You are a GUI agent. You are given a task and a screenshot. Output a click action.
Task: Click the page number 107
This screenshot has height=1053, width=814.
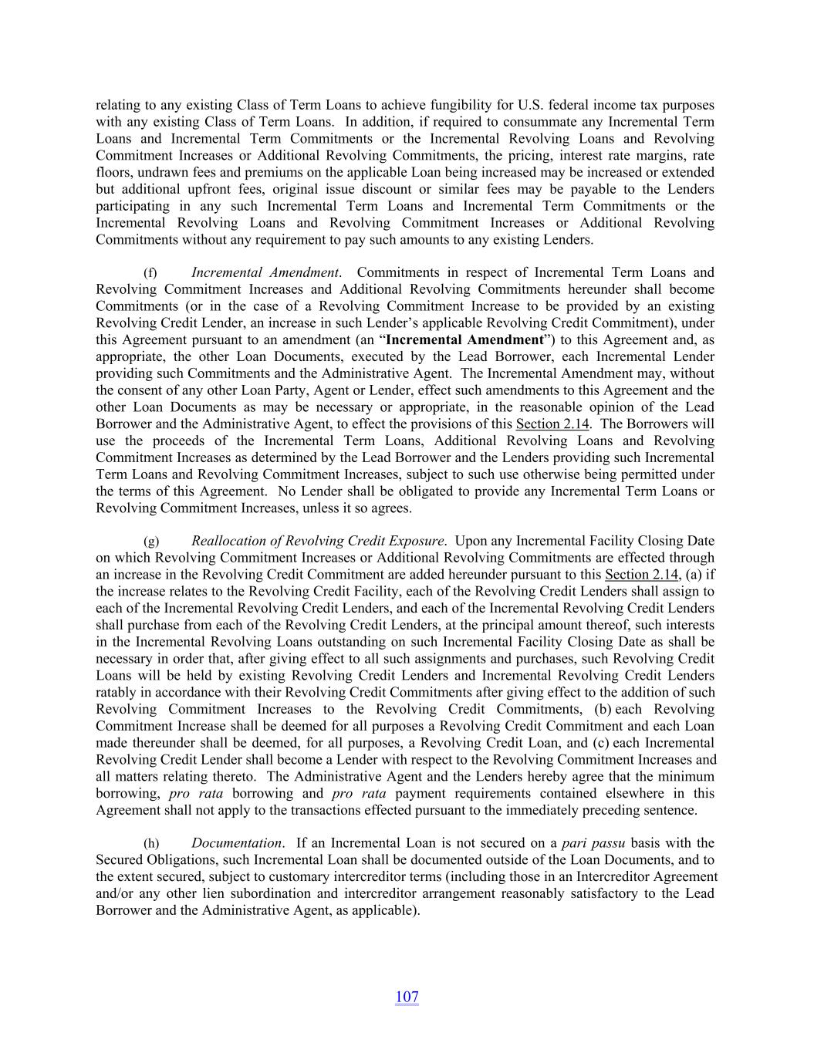pyautogui.click(x=407, y=997)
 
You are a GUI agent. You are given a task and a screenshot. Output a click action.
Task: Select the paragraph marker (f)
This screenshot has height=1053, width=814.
pyautogui.click(x=150, y=273)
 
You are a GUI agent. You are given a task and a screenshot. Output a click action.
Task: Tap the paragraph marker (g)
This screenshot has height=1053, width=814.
pyautogui.click(x=151, y=542)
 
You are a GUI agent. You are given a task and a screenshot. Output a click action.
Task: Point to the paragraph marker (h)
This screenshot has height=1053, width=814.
pyautogui.click(x=151, y=844)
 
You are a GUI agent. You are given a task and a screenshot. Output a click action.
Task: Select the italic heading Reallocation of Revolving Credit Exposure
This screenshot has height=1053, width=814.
pyautogui.click(x=317, y=541)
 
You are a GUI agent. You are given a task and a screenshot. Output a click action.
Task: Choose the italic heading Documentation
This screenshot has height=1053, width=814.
pyautogui.click(x=236, y=843)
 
